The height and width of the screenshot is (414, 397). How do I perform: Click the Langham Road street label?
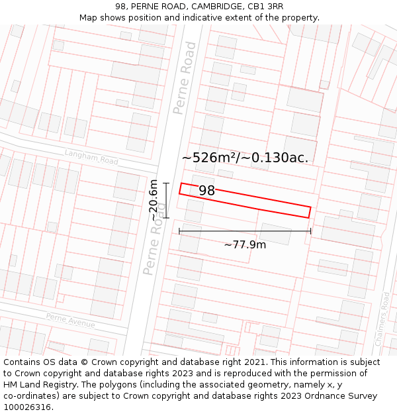91,157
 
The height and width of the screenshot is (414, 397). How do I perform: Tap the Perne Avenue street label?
70,320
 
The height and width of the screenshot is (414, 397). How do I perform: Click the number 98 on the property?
207,191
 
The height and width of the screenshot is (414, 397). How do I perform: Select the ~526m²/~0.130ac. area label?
245,158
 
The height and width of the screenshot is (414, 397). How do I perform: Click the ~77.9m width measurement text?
245,244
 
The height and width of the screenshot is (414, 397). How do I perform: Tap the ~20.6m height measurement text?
154,200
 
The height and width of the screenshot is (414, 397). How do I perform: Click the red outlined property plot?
265,203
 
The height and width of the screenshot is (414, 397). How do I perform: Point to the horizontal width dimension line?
245,231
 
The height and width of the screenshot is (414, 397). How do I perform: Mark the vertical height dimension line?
165,200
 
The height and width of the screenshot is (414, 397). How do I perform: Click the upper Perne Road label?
185,78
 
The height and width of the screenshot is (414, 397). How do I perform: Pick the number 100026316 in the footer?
27,407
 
